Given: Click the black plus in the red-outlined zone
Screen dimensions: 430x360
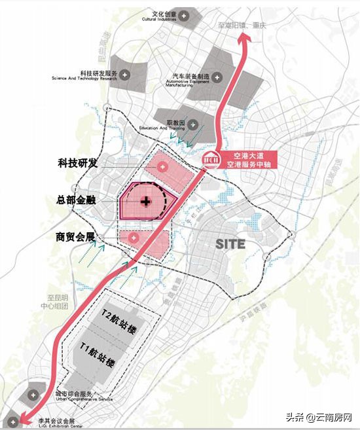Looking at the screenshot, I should point(146,198).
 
